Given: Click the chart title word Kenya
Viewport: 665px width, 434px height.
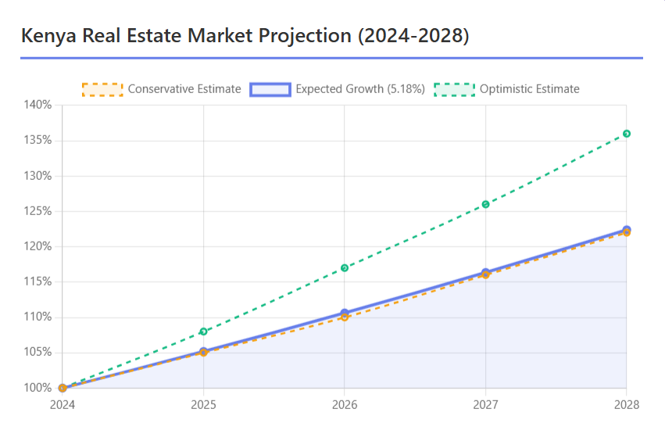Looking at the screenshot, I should click(49, 36).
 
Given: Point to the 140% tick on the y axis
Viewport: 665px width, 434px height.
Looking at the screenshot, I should click(38, 105).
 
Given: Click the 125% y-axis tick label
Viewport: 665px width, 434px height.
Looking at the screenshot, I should click(38, 211).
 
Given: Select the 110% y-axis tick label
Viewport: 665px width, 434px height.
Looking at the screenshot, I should click(38, 317).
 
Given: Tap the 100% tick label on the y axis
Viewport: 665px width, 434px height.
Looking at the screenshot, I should click(38, 388).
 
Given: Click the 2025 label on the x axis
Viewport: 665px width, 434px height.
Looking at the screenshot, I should click(203, 404).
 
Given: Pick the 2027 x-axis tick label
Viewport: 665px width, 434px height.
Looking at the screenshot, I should click(485, 404).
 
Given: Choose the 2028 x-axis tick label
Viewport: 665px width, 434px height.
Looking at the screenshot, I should click(626, 404).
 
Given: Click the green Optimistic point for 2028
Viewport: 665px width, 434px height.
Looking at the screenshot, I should click(627, 134).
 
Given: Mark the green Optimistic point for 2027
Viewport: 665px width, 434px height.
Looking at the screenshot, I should click(485, 204).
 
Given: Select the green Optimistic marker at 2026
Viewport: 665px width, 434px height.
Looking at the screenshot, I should click(345, 268).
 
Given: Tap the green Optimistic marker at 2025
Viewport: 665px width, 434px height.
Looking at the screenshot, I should click(204, 332).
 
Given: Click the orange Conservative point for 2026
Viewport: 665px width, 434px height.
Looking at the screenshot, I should click(345, 317).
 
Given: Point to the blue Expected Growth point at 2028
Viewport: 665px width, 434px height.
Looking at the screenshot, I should click(627, 229).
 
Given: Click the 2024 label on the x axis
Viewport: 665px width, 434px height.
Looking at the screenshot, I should click(63, 404).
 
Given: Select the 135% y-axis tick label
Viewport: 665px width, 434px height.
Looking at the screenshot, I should click(38, 140).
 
